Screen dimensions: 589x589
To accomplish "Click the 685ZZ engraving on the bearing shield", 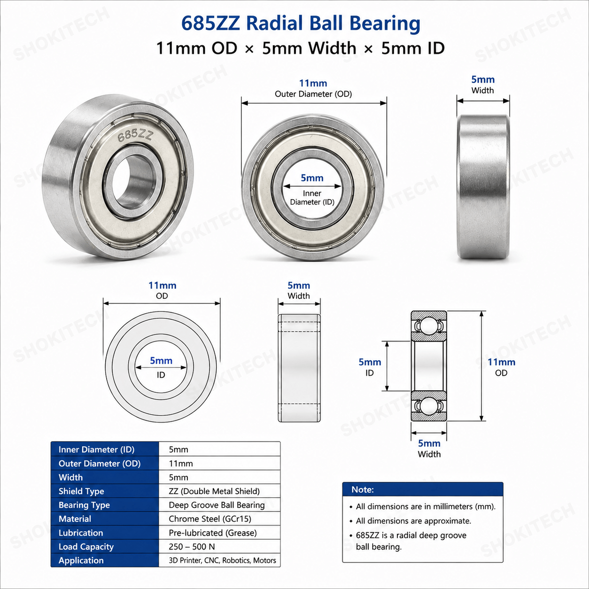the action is (135, 135).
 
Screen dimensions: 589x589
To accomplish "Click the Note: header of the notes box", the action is (363, 489).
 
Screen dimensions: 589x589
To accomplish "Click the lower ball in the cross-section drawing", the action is (428, 406).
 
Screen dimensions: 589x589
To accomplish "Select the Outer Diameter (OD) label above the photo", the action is (313, 94).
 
